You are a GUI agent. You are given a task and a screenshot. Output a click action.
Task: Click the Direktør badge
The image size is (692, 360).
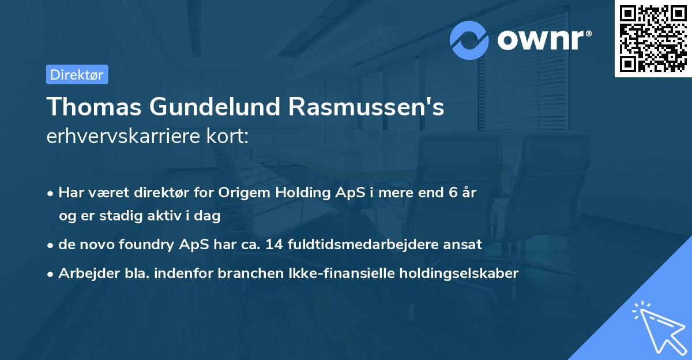click(77, 75)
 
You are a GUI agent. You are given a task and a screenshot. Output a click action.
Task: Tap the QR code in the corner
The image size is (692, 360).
click(653, 39)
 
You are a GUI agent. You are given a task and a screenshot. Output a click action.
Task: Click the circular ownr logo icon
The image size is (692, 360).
click(469, 40)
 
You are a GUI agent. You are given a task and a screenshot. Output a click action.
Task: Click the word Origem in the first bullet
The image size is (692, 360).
click(242, 193)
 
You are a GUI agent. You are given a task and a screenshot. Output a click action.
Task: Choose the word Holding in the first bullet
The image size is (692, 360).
click(302, 193)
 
